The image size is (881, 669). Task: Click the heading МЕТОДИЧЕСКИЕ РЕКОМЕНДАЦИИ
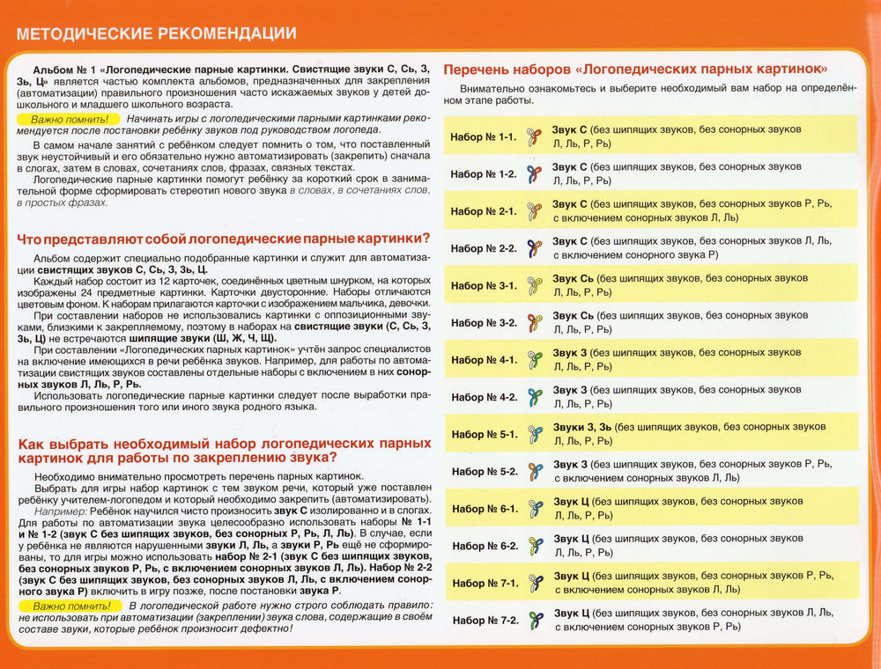coord(157,34)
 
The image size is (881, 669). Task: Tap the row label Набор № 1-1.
coord(483,137)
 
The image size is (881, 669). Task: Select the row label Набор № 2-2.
coord(483,249)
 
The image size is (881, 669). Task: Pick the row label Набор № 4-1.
coord(483,360)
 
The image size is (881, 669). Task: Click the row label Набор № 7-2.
coord(485,621)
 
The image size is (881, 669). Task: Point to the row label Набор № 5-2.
coord(484,472)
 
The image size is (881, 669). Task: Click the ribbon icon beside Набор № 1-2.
coord(533,174)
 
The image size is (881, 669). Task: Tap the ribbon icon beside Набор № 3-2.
coord(533,323)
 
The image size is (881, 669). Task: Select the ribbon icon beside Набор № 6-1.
coord(534,509)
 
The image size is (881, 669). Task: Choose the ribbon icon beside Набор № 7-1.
coord(534,583)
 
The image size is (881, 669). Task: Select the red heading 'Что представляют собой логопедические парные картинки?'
coord(225,238)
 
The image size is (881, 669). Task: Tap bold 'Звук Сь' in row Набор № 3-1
coord(573,278)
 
